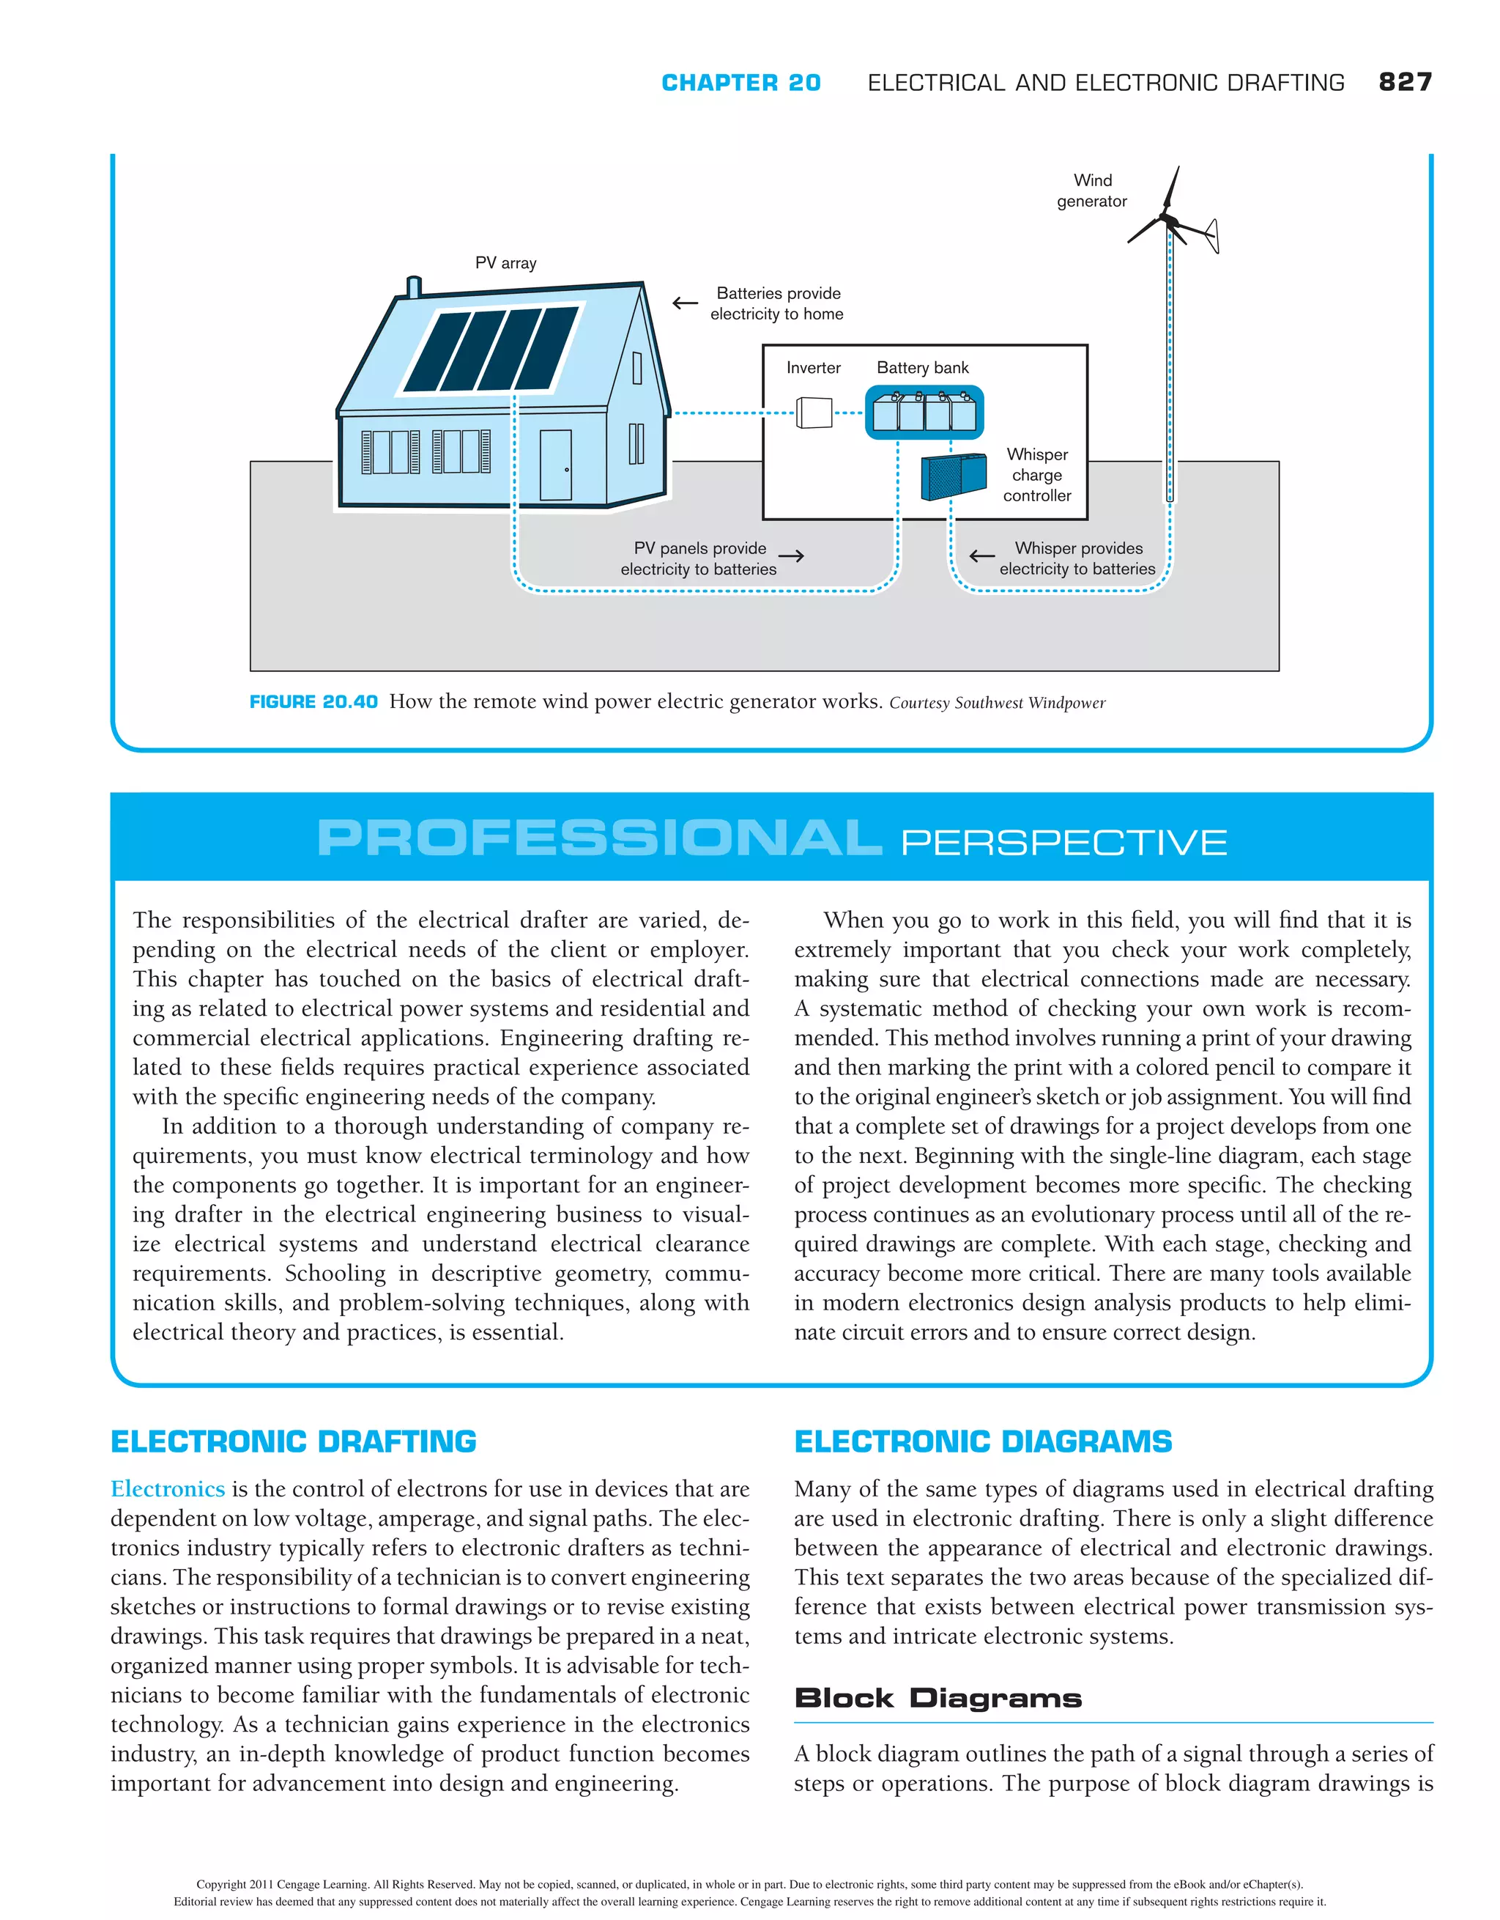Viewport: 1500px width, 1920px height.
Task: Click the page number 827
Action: (1404, 82)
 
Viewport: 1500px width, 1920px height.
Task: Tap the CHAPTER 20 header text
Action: (740, 83)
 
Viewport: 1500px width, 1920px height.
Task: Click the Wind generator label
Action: (1091, 191)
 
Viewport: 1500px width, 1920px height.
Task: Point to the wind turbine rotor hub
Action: (1167, 218)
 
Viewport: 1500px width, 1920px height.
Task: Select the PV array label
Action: (505, 263)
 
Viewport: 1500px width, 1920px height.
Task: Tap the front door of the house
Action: (555, 465)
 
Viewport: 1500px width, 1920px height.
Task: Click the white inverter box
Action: (814, 413)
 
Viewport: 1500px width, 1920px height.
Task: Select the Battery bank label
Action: (922, 367)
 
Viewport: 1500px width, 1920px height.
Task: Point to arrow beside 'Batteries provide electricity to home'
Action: (685, 303)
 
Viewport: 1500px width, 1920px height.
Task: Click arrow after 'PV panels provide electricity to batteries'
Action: (791, 555)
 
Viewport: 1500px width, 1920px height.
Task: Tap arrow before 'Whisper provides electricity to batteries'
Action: (981, 555)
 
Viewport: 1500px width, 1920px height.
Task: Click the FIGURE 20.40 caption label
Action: (313, 701)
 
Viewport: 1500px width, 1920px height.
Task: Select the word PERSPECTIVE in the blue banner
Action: (1063, 842)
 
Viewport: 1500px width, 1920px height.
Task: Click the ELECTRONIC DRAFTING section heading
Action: (293, 1441)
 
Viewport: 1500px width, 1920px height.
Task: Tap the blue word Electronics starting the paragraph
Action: (168, 1488)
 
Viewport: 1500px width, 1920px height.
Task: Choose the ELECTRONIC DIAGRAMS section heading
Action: (982, 1441)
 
